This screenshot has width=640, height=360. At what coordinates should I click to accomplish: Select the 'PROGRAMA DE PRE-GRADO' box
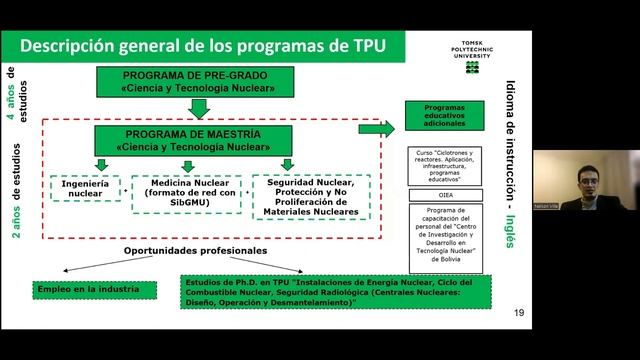197,82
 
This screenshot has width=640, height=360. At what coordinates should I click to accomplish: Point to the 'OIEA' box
445,195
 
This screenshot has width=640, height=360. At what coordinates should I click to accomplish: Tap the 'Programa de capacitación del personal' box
445,236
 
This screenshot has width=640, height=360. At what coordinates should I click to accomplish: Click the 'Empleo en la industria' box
96,289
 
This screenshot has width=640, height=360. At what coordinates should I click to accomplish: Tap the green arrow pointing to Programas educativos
377,128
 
